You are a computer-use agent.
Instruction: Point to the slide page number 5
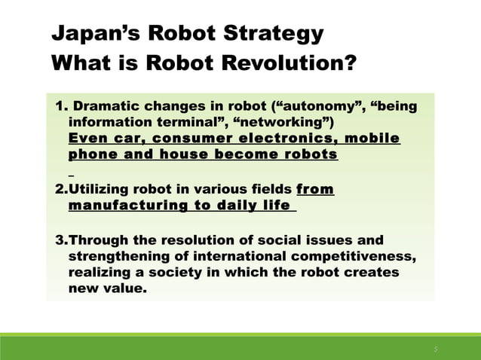click(435, 349)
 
